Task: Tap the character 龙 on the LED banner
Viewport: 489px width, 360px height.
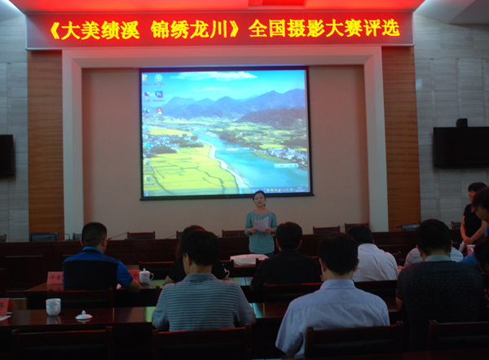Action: tap(198, 30)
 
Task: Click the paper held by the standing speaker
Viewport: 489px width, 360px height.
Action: tap(261, 223)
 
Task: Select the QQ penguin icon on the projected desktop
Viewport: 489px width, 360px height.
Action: tap(160, 111)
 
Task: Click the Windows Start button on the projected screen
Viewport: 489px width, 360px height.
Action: tap(146, 194)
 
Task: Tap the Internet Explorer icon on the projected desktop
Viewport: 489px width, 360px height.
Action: tap(148, 145)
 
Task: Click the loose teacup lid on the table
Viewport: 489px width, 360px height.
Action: tap(84, 315)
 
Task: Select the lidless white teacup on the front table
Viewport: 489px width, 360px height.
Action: tap(53, 306)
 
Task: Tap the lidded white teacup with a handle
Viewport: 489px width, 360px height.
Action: tap(146, 276)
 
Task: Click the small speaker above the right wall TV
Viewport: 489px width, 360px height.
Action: tap(462, 123)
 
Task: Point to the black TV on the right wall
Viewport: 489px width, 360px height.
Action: tap(461, 147)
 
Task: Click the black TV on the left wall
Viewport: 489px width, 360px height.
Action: tap(7, 156)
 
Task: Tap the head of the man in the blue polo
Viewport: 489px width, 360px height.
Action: tap(94, 235)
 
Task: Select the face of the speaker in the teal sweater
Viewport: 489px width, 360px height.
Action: tap(259, 200)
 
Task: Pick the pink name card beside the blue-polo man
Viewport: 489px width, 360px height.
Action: tap(55, 278)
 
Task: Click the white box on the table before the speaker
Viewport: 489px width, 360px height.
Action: tap(249, 259)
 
